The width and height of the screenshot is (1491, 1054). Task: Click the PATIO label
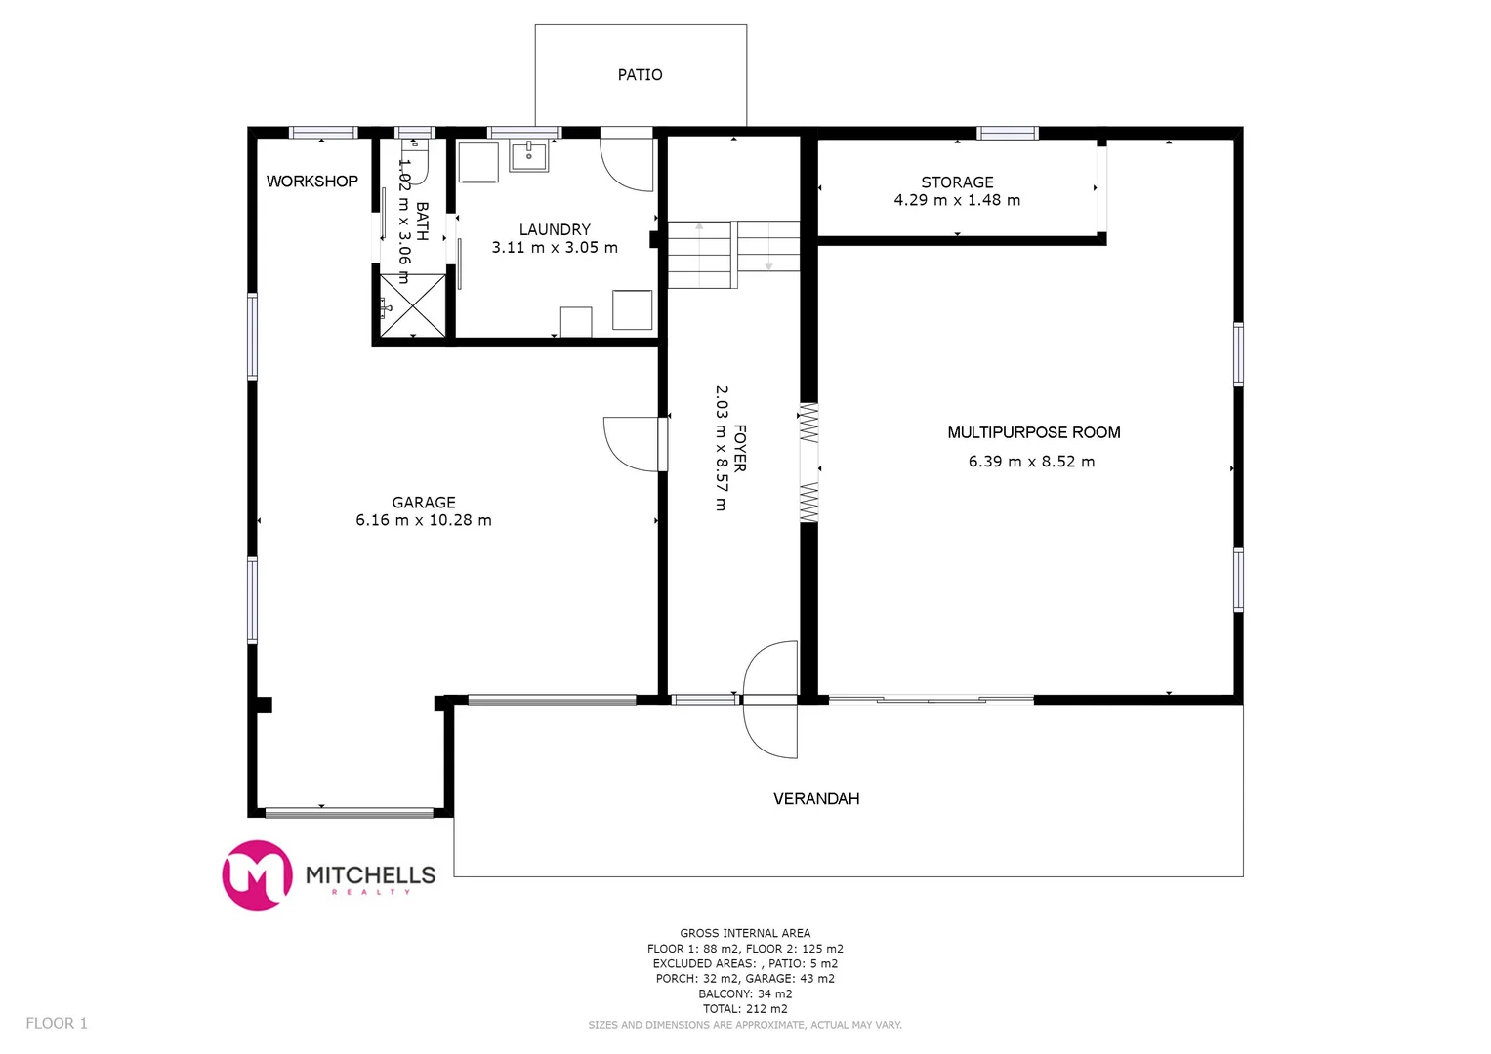640,75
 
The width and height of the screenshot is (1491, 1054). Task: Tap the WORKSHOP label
311,182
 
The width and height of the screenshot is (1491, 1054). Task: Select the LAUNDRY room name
555,229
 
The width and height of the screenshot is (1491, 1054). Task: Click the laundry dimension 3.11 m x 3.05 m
555,248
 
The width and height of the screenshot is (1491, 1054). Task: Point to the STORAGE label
957,182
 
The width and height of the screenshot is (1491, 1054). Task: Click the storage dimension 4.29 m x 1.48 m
957,200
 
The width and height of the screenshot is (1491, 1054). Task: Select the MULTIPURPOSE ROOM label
1033,432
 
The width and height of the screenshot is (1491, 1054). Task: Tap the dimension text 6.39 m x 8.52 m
1031,462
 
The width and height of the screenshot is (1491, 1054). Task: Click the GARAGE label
424,503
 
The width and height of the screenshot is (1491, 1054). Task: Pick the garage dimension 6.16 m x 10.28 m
424,520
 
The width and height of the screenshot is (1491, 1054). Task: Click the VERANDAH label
816,799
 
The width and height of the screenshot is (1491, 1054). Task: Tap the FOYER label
740,448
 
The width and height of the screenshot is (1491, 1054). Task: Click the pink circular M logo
258,875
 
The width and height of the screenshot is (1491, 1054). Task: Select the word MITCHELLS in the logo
370,874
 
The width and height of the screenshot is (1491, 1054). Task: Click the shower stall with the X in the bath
412,305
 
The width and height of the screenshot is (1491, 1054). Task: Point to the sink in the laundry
528,155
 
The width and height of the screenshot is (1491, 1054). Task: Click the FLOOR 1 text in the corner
57,1023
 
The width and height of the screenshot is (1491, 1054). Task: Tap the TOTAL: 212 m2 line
745,1009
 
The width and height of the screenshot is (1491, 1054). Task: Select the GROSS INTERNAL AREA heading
745,933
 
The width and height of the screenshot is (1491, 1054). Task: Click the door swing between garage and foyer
633,444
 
